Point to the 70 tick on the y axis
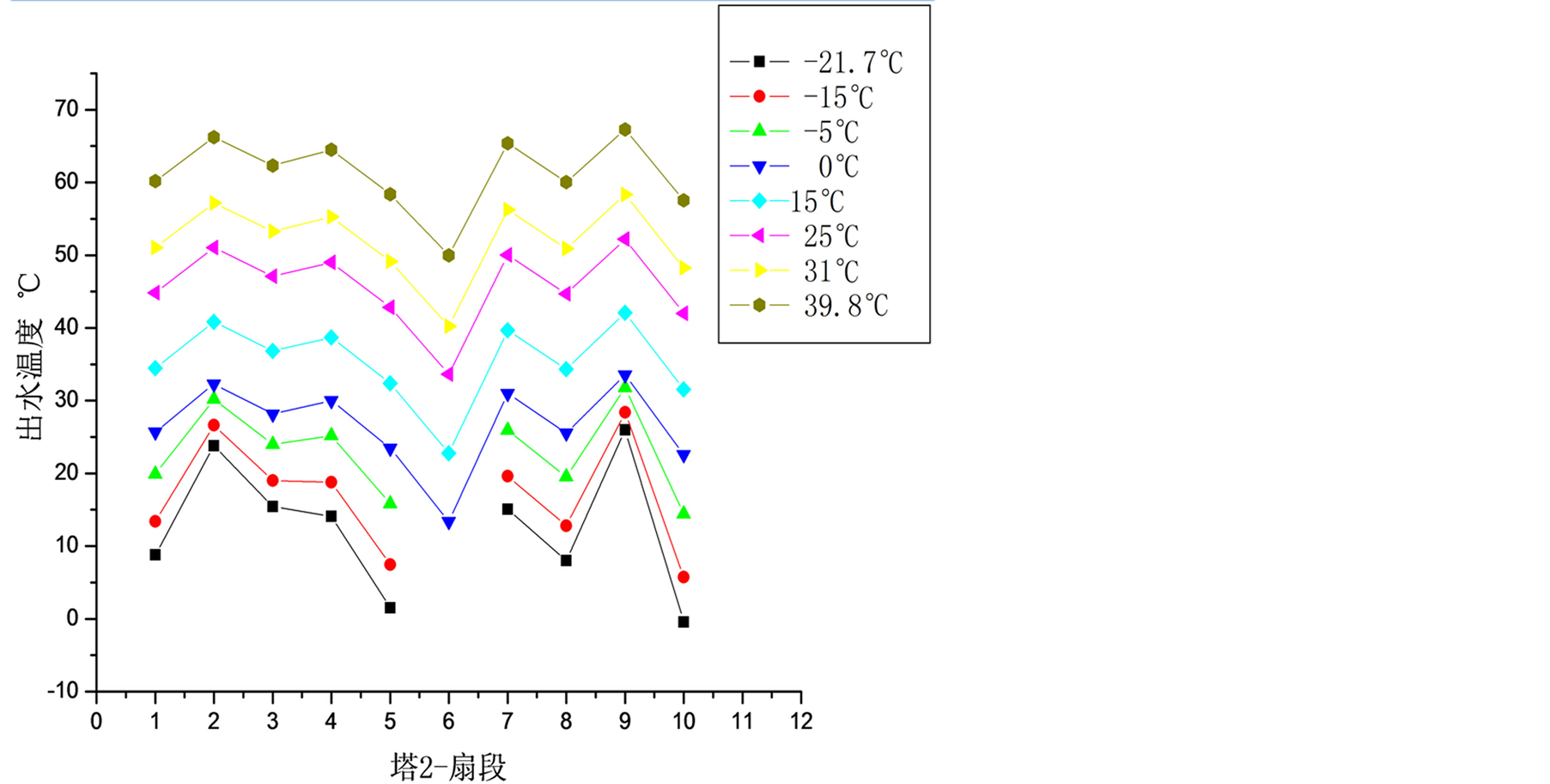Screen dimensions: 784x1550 click(x=66, y=109)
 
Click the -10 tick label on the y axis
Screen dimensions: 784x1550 click(x=62, y=691)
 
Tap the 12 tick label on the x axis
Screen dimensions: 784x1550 click(x=801, y=721)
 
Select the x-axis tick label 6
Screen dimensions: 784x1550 click(x=448, y=721)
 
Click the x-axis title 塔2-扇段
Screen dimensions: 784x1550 click(x=448, y=766)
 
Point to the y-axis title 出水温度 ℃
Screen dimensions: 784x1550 click(x=30, y=356)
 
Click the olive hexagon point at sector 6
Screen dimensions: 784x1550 click(x=448, y=255)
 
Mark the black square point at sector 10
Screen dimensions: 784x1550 click(x=684, y=622)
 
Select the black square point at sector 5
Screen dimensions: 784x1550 click(x=390, y=608)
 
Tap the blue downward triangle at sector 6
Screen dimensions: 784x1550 click(x=448, y=523)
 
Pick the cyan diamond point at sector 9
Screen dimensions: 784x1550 click(x=625, y=313)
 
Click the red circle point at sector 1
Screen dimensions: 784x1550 click(x=155, y=521)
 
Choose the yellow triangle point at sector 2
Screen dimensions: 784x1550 click(x=215, y=204)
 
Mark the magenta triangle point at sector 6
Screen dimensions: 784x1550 click(x=447, y=374)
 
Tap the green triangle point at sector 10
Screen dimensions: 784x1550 click(x=684, y=513)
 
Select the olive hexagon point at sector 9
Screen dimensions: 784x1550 click(x=625, y=130)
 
